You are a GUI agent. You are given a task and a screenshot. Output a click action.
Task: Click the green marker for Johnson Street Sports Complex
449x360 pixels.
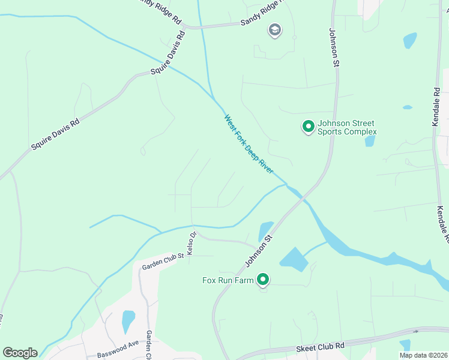[x=308, y=127]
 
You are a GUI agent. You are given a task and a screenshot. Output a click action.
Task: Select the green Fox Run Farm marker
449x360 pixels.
[x=263, y=280]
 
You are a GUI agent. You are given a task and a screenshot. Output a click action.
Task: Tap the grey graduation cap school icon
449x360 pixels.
[x=275, y=31]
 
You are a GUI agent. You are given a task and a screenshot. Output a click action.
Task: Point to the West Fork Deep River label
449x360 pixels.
[x=249, y=145]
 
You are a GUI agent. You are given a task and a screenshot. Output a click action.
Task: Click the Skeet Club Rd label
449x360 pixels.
[x=319, y=348]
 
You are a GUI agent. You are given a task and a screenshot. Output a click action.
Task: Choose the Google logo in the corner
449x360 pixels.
[x=20, y=352]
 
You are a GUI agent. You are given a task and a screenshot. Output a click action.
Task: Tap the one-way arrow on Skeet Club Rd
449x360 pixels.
[x=415, y=331]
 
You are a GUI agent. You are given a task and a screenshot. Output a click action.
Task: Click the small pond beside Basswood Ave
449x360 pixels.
[x=128, y=321]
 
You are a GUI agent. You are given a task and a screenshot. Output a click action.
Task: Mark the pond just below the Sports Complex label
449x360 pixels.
[x=370, y=142]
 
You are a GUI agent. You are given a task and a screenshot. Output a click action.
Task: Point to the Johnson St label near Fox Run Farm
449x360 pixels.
[x=259, y=251]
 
